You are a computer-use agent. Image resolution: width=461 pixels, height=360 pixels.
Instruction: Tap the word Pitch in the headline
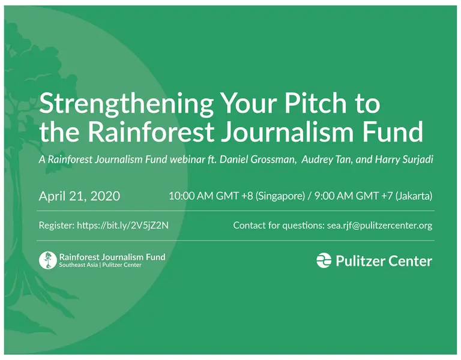[x=316, y=103]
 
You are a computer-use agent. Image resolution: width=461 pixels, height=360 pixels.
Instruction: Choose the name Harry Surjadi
[x=404, y=159]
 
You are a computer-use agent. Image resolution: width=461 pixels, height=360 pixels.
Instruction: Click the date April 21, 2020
[x=79, y=196]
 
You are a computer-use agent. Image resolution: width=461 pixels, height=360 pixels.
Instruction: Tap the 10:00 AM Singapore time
[x=237, y=196]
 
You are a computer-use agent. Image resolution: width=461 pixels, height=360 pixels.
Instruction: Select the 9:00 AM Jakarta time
[x=373, y=196]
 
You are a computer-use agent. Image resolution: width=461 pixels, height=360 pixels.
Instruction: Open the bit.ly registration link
[x=122, y=226]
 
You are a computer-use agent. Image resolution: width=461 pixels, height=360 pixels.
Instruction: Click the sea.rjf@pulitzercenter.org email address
[x=379, y=226]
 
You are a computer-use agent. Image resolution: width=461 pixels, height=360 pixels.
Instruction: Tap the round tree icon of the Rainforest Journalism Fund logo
[x=47, y=260]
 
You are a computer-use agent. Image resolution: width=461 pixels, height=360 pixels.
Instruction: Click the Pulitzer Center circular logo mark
[x=324, y=260]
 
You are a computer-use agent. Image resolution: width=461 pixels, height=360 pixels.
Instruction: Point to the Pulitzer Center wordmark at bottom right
[x=384, y=261]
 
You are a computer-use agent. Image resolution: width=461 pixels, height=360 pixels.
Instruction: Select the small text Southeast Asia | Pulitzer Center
[x=100, y=265]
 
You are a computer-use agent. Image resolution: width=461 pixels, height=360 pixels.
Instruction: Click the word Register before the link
[x=56, y=226]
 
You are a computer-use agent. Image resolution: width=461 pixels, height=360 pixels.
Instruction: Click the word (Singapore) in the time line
[x=280, y=196]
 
